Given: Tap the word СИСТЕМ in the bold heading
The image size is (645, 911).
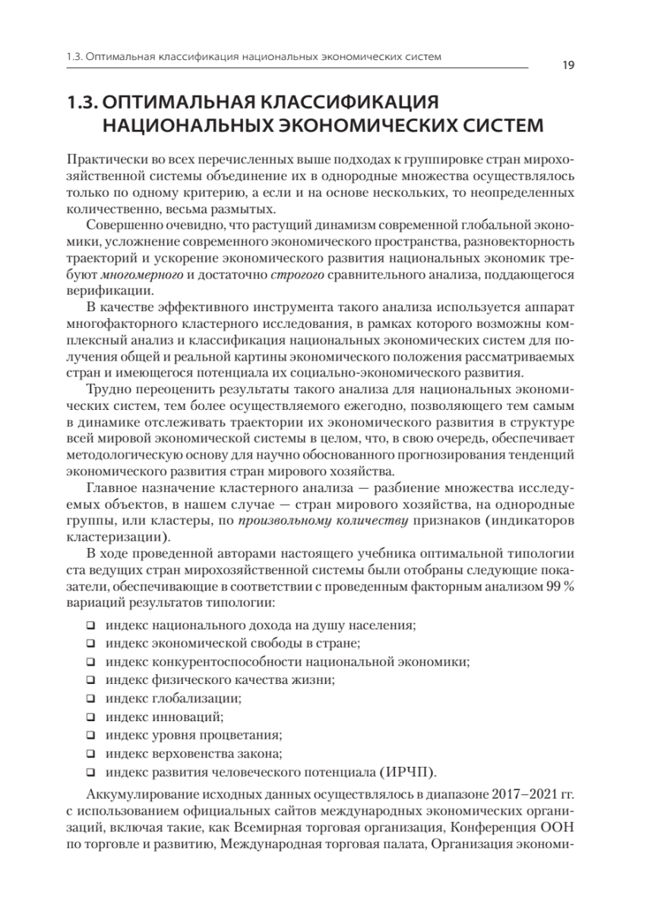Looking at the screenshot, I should [494, 125].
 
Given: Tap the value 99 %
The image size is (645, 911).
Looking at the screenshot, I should [561, 586].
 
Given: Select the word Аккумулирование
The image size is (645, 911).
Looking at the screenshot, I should [147, 793].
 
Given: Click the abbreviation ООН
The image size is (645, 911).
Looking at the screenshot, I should [560, 825].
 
